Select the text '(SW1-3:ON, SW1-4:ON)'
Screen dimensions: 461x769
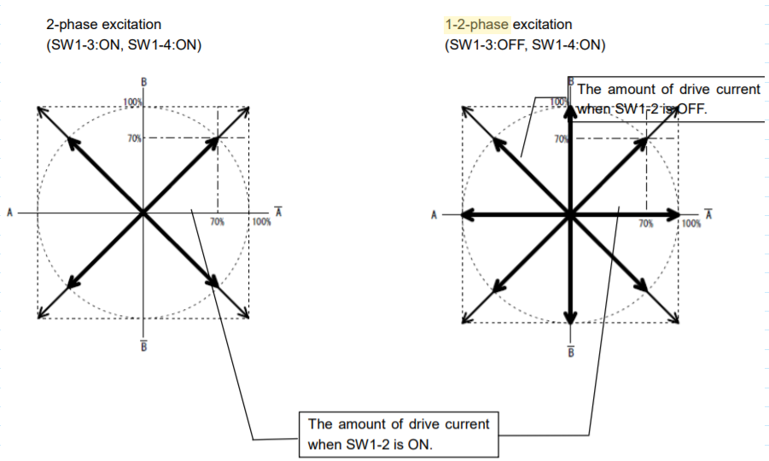coord(124,45)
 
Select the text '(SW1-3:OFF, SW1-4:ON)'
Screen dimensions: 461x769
coord(525,45)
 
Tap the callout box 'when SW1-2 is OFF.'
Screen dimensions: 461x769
coord(668,99)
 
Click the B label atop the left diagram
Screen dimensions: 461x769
coord(144,82)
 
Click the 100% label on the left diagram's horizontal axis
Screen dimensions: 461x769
coord(261,221)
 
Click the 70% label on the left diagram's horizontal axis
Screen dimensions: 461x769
coord(217,221)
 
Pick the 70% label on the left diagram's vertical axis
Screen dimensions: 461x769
coord(134,137)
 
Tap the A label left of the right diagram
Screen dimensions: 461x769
coord(434,214)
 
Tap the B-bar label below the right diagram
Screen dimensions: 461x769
coord(569,351)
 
